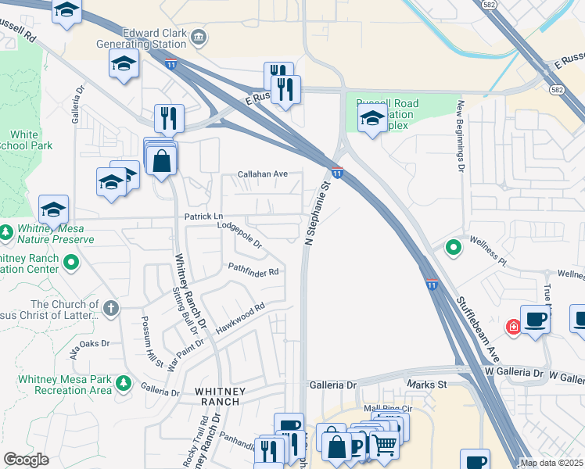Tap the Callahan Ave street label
(x=264, y=174)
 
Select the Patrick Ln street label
(x=203, y=216)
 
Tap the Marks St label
(x=426, y=385)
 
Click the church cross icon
(x=111, y=308)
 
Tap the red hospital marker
(x=514, y=327)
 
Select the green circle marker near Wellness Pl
(x=453, y=249)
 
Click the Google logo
(x=26, y=460)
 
